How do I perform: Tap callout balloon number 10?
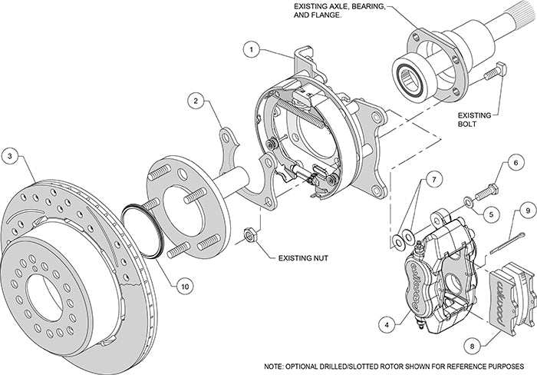click(x=183, y=285)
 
